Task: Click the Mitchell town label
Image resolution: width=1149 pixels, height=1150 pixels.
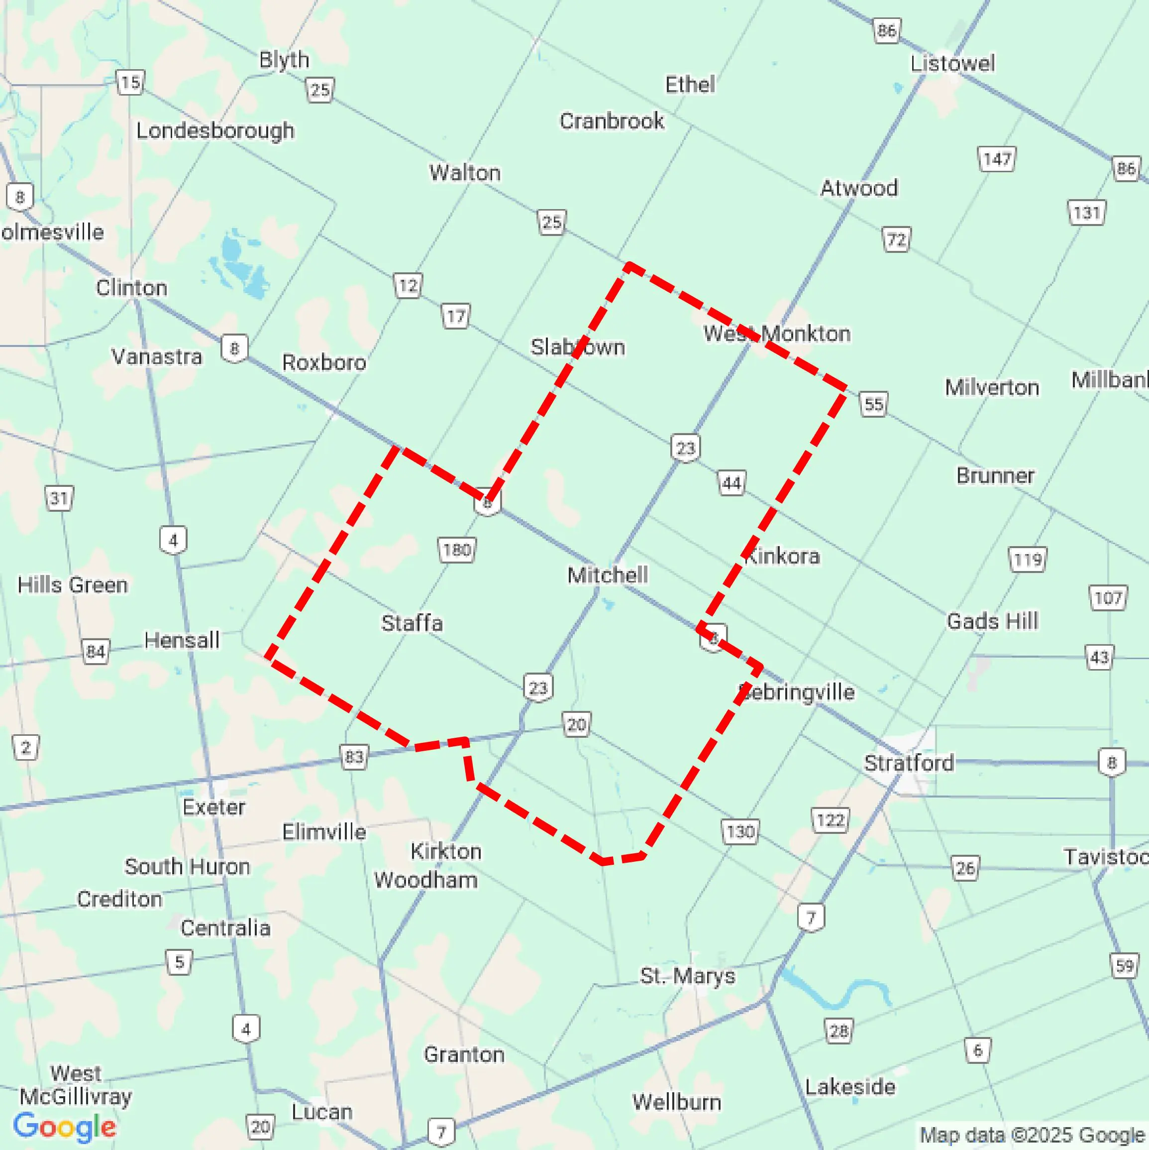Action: (x=608, y=575)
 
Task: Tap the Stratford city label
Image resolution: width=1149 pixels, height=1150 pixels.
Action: (x=909, y=763)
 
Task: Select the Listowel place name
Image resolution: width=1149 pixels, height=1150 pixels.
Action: (x=952, y=64)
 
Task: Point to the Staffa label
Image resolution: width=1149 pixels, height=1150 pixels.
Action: (x=412, y=623)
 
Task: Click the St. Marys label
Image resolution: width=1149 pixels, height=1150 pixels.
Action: (x=687, y=976)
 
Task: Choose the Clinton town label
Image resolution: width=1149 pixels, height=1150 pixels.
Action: (x=131, y=288)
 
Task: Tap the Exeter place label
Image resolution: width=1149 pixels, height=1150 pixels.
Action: (x=213, y=807)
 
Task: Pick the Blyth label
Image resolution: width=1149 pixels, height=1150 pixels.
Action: (x=284, y=60)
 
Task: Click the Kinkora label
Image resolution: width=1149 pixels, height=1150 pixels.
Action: (x=782, y=556)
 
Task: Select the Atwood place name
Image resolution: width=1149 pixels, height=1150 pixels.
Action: (x=858, y=189)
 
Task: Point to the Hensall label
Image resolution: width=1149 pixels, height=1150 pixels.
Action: (x=182, y=641)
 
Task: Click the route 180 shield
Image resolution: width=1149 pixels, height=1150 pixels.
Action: (x=456, y=550)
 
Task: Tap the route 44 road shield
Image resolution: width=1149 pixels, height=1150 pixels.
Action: (x=731, y=483)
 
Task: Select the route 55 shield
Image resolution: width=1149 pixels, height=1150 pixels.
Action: (x=873, y=405)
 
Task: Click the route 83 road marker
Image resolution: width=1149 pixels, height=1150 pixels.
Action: (x=353, y=757)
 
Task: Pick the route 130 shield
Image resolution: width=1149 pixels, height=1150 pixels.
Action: (x=739, y=831)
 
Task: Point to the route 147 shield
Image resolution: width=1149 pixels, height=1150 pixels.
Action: (x=997, y=159)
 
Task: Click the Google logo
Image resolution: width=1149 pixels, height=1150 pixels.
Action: (x=65, y=1127)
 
